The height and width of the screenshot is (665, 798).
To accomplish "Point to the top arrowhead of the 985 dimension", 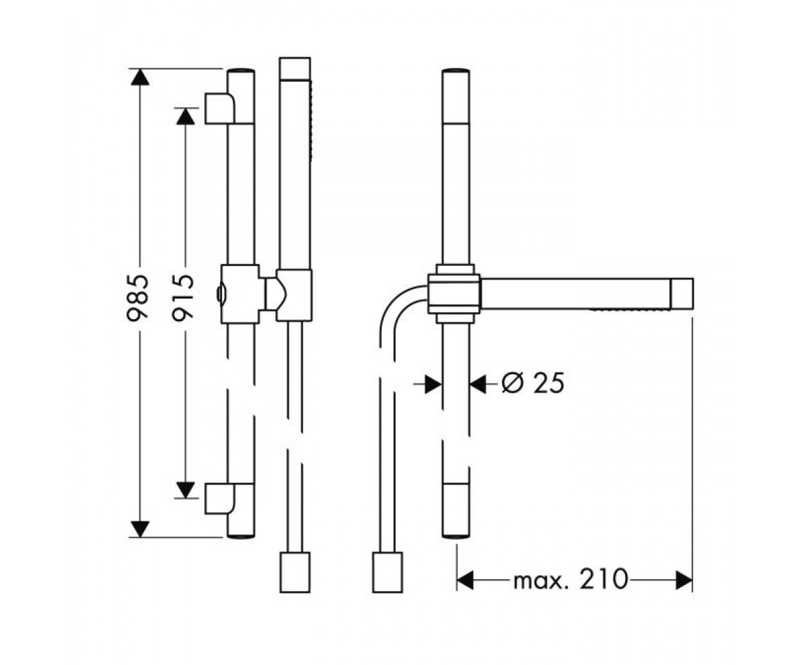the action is click(x=140, y=77).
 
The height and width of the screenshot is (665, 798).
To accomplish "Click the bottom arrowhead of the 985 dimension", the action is click(x=140, y=529).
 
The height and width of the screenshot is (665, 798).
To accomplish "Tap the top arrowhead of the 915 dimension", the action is click(x=186, y=116).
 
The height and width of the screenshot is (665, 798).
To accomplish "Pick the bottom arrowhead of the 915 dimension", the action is click(x=186, y=490).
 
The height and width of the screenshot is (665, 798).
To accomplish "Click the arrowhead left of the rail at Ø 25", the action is click(x=434, y=384).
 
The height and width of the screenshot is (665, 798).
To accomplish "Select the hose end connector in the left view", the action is click(x=295, y=572).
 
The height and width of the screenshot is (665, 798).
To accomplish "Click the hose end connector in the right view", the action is click(x=387, y=572).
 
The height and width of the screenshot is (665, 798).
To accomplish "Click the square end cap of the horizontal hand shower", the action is click(x=682, y=293).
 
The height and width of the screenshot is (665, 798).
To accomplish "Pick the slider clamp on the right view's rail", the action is click(x=454, y=293).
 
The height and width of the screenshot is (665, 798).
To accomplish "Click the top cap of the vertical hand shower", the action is click(x=295, y=68).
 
